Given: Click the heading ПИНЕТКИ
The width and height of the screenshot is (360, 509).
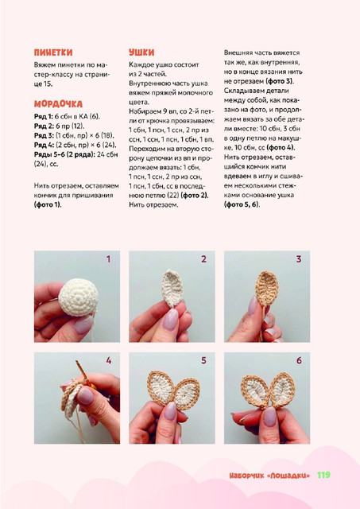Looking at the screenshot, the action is [53, 52].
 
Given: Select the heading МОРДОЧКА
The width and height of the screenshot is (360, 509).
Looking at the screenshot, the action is [58, 104].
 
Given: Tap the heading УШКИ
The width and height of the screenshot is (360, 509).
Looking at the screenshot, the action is [141, 52].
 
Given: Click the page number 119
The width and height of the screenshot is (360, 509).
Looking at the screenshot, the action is [323, 475].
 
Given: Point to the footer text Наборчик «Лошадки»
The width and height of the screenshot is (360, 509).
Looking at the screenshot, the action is [269, 476].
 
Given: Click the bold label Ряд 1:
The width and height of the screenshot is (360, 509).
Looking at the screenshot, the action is [44, 117].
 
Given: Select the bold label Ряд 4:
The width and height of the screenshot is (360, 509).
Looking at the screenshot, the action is [44, 145].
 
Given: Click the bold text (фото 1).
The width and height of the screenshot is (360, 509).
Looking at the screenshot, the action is [48, 205].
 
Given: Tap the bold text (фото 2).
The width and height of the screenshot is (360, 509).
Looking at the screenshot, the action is [195, 196].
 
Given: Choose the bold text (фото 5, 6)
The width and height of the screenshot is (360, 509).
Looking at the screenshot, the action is [242, 205].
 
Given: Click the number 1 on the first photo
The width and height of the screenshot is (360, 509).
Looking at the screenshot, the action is [109, 259].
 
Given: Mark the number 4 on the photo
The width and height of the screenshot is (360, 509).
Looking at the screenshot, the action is [109, 360].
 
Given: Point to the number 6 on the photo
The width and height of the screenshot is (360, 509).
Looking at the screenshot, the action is [299, 360].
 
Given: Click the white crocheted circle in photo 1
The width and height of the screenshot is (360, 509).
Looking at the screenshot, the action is [78, 297].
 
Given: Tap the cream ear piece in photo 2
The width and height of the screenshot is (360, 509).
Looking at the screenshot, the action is [172, 288].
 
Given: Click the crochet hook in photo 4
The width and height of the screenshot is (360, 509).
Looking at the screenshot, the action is [83, 373].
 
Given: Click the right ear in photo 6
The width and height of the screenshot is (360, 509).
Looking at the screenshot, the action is [282, 390].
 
